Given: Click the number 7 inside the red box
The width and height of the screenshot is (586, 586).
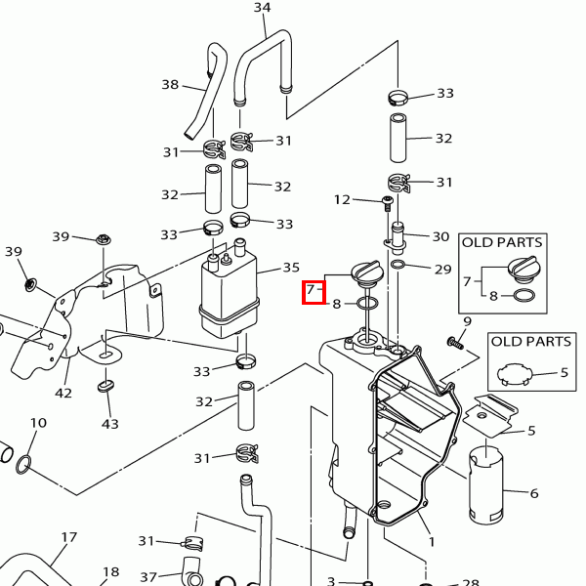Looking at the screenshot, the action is click(311, 290).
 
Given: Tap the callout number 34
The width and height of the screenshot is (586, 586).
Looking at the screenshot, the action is click(262, 7).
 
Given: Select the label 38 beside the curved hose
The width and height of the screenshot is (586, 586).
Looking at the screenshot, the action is click(170, 84).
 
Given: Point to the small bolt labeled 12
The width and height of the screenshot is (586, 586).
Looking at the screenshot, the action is click(388, 204).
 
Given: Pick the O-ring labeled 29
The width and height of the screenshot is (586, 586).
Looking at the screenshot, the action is click(398, 265).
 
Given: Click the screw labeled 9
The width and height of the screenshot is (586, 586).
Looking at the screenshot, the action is click(455, 343).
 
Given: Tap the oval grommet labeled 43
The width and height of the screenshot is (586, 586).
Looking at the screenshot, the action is click(105, 386).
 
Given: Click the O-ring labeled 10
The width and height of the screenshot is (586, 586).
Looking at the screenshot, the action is click(23, 464).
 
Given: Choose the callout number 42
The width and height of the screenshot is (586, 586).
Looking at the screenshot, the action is click(63, 394).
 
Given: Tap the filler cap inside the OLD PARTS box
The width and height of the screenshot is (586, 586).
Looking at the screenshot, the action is click(523, 268).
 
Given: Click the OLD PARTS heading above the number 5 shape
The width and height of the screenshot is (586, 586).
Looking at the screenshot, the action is click(531, 341).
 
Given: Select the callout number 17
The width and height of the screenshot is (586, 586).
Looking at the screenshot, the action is click(68, 537).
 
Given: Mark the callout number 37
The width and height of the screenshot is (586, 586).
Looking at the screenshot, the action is click(148, 577).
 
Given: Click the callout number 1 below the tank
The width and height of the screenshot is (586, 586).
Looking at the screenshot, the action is click(432, 541).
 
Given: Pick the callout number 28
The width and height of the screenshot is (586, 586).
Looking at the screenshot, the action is click(471, 582).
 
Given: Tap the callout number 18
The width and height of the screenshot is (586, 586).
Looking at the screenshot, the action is click(111, 571).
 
